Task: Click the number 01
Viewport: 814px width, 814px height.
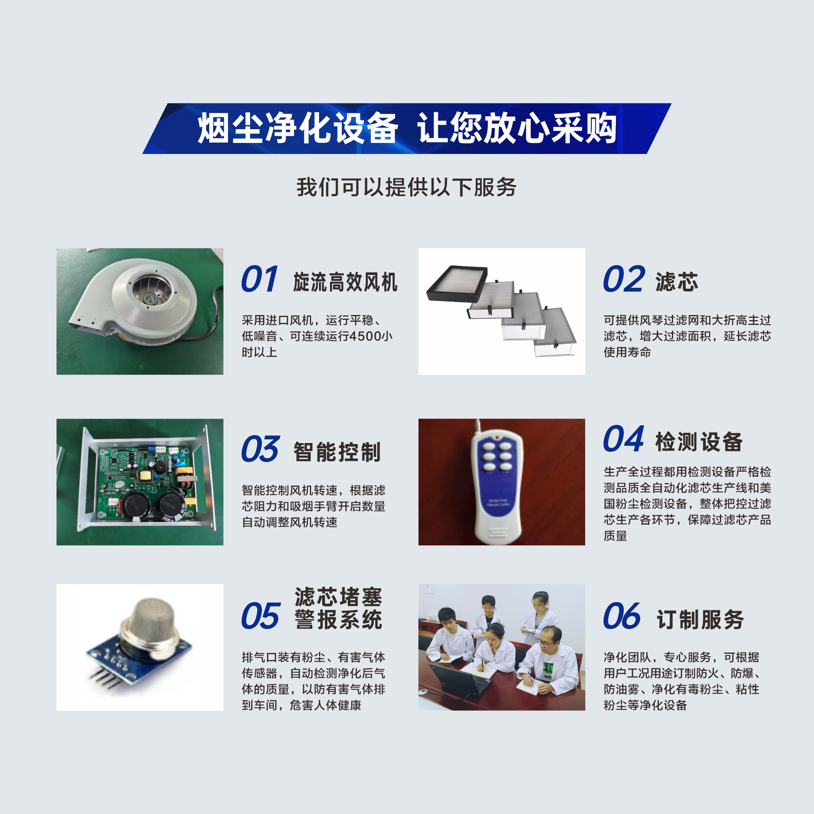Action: point(260,279)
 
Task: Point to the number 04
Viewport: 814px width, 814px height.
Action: point(623,439)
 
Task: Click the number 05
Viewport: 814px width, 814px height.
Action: point(260,616)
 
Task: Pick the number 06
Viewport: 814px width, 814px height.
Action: point(622,616)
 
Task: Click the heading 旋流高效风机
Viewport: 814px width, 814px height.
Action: point(345,282)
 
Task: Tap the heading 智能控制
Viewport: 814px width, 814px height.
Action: point(337,452)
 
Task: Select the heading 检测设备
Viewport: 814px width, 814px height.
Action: point(699,442)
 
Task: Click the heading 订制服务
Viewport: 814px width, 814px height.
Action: point(700,619)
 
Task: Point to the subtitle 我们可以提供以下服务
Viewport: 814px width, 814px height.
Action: point(406,187)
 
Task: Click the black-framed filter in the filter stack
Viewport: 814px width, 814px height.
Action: point(457,284)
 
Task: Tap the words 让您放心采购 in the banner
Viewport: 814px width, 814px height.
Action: point(517,128)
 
